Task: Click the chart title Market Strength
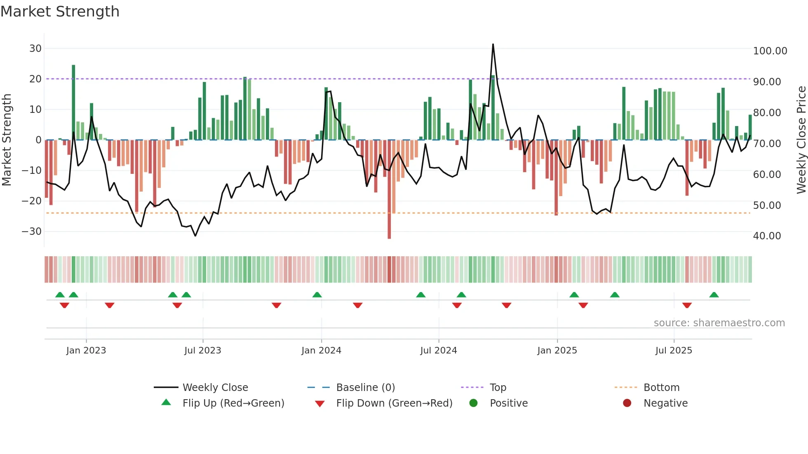60,12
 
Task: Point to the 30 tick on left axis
35,49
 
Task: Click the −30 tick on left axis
32,232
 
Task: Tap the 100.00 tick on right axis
770,51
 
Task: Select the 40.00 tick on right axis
767,236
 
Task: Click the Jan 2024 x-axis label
321,351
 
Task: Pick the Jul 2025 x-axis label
674,351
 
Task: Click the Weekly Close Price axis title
801,140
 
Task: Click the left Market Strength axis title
7,140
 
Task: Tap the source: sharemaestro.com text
719,323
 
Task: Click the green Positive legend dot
473,403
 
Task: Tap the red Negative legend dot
627,403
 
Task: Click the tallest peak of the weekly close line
493,44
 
